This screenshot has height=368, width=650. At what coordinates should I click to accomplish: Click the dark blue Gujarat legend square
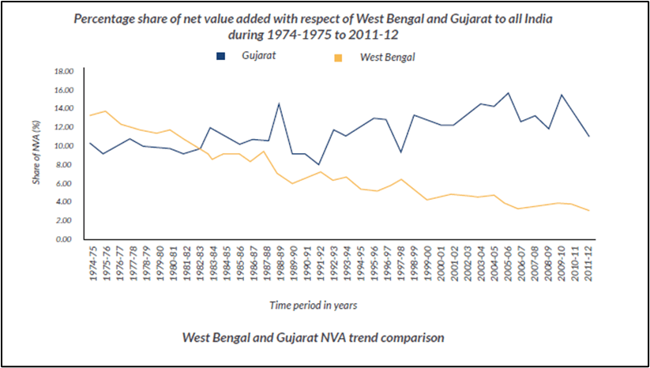[x=220, y=55]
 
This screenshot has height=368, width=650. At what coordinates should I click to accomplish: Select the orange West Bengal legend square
[x=339, y=57]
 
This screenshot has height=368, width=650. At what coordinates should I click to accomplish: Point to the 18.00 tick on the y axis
[x=62, y=71]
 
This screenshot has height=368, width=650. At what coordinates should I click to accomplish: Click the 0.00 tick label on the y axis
[x=64, y=239]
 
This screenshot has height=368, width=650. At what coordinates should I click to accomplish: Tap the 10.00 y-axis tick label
[x=62, y=146]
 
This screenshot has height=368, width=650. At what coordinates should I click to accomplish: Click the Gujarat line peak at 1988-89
[x=279, y=103]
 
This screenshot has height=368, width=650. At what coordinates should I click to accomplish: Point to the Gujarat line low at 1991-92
[x=319, y=164]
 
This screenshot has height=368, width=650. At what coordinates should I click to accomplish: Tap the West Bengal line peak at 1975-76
[x=105, y=111]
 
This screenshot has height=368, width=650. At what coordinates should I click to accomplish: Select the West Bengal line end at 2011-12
[x=588, y=211]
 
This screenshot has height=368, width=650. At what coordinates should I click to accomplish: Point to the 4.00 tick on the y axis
[x=64, y=202]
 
